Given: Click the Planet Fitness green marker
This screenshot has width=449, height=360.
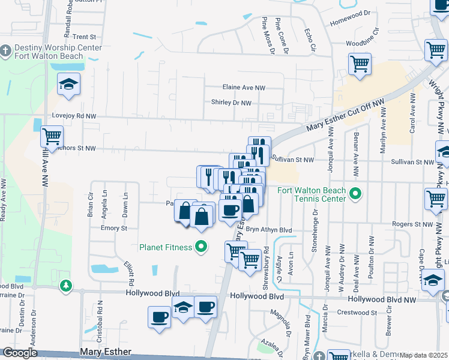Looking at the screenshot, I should (202, 247).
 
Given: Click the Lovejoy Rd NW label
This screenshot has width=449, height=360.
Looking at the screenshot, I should (74, 116).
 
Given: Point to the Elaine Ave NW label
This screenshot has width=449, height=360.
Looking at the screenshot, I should (244, 88).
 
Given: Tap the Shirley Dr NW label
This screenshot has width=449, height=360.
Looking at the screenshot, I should (231, 103).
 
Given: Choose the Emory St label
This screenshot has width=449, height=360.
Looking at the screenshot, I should (114, 228).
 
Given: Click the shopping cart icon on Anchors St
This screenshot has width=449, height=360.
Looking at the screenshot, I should (52, 136).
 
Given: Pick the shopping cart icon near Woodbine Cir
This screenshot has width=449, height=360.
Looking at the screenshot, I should (360, 63).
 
